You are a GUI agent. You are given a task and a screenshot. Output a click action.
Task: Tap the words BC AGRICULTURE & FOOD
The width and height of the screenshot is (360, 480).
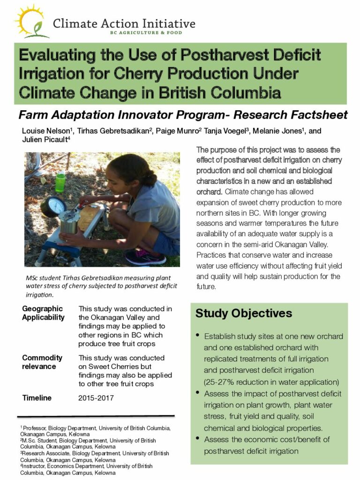tap(146, 33)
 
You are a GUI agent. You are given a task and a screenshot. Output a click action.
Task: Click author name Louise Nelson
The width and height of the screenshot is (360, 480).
tap(46, 131)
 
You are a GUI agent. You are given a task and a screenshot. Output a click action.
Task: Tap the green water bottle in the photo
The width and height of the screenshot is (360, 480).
tap(60, 182)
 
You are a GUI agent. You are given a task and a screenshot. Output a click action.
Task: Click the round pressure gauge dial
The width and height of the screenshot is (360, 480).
tap(53, 207)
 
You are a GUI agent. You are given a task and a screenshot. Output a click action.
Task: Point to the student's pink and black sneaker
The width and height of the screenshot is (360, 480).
tap(145, 257)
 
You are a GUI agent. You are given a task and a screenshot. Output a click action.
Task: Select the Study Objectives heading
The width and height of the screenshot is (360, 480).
tap(244, 313)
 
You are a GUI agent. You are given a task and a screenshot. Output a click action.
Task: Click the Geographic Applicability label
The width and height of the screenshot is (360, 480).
tap(43, 313)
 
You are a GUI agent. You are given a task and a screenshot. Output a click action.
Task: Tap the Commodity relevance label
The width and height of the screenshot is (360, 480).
tap(42, 362)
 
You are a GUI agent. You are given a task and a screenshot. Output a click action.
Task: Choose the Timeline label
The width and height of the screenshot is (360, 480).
tap(37, 398)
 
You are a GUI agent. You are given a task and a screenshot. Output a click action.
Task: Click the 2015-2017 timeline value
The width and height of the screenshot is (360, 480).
tap(96, 398)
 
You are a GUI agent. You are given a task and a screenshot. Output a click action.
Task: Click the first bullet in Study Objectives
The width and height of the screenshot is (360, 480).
tap(198, 335)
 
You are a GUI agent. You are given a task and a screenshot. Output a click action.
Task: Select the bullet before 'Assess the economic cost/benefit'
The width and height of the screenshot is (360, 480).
tap(198, 438)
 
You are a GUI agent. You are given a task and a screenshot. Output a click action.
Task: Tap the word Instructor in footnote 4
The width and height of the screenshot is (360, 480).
tap(33, 466)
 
